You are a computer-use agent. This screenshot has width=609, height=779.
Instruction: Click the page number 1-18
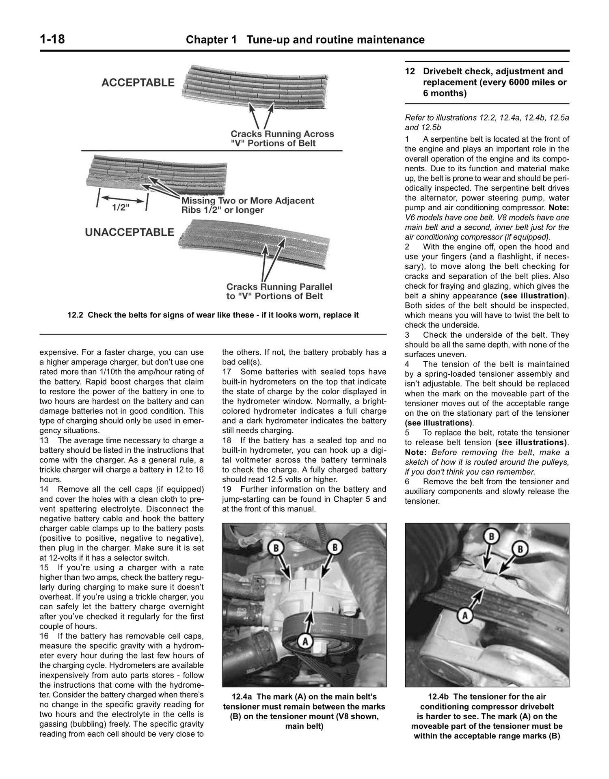tap(52, 39)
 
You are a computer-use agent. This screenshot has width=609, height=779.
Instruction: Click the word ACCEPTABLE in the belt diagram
tap(138, 82)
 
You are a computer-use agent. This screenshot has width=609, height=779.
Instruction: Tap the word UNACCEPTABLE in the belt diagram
tap(129, 232)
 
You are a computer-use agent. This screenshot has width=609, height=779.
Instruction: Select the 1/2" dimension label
tap(120, 207)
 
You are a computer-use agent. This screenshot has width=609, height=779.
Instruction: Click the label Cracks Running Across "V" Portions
tap(282, 138)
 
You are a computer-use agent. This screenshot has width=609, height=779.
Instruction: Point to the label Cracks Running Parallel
tap(279, 291)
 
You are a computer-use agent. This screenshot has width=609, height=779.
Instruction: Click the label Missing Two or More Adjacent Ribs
tap(247, 205)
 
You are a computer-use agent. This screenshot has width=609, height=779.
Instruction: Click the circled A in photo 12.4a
tap(304, 641)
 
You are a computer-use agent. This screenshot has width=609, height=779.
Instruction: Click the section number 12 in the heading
tap(410, 71)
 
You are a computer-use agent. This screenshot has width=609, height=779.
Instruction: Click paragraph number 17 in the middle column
tap(227, 372)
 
